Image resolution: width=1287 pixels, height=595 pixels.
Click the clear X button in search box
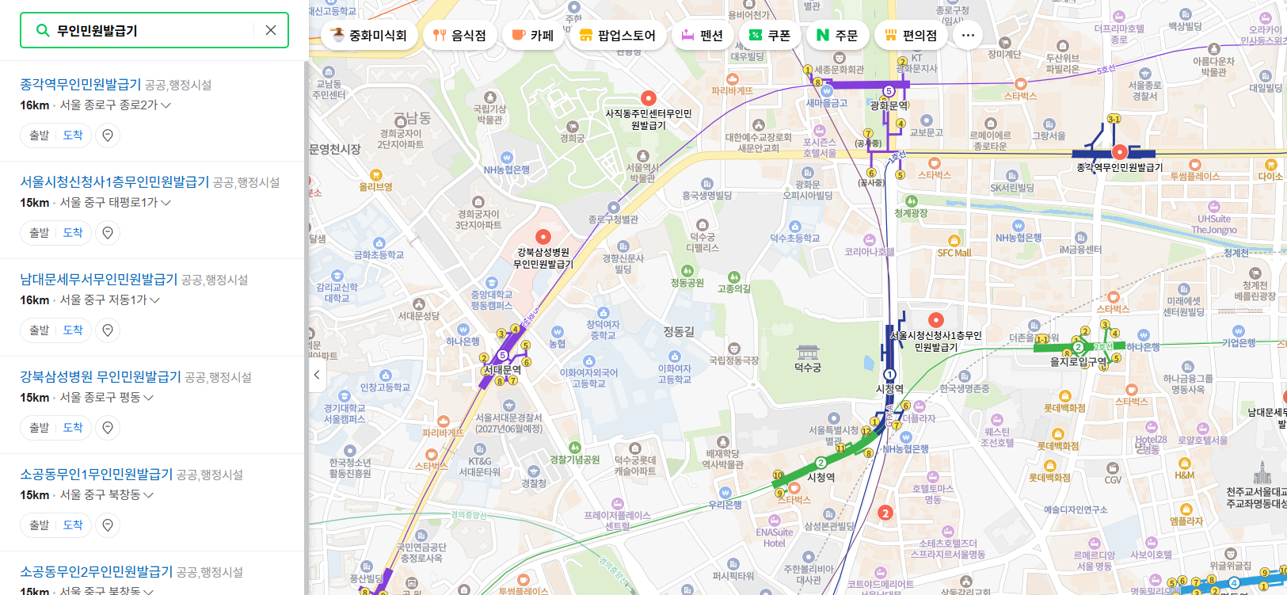(x=271, y=30)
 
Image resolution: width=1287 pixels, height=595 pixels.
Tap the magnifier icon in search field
(x=43, y=30)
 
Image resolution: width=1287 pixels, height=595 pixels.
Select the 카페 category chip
(x=532, y=35)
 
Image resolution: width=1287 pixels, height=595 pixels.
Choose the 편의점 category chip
(x=911, y=35)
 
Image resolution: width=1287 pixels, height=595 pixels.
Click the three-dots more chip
(x=968, y=35)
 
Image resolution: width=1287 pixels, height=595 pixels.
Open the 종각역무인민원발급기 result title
(x=81, y=84)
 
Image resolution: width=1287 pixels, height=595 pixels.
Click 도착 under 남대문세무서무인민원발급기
(x=73, y=330)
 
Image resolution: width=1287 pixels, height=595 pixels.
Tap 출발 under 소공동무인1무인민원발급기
(x=40, y=525)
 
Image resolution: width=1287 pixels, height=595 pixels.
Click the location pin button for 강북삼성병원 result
(x=108, y=428)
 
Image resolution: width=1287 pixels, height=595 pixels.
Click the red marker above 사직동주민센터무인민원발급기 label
(x=649, y=98)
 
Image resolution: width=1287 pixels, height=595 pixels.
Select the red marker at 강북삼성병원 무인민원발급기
(x=543, y=237)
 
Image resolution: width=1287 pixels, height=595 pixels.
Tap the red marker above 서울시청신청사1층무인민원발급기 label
(x=936, y=320)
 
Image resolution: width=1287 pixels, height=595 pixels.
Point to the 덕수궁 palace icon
(x=807, y=352)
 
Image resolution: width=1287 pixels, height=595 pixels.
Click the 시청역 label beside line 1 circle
(x=889, y=389)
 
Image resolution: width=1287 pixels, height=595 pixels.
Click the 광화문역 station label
(x=889, y=105)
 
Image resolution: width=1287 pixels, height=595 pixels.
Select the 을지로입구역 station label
(x=1079, y=361)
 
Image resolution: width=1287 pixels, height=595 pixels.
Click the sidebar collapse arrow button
(x=316, y=375)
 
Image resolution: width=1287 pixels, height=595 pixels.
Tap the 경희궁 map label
(x=573, y=138)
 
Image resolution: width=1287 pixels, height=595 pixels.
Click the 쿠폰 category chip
(x=770, y=35)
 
